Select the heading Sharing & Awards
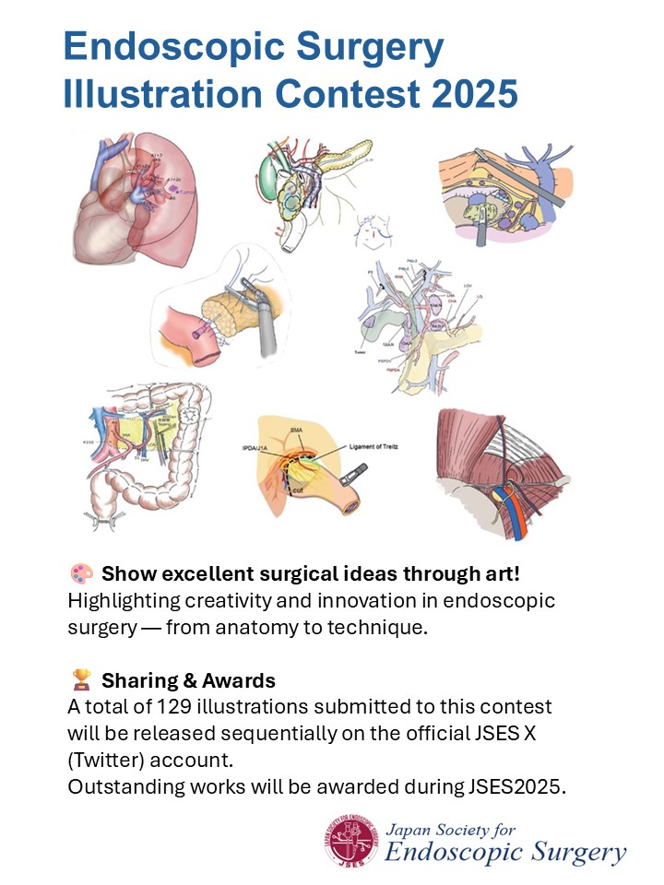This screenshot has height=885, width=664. pos(188,681)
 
